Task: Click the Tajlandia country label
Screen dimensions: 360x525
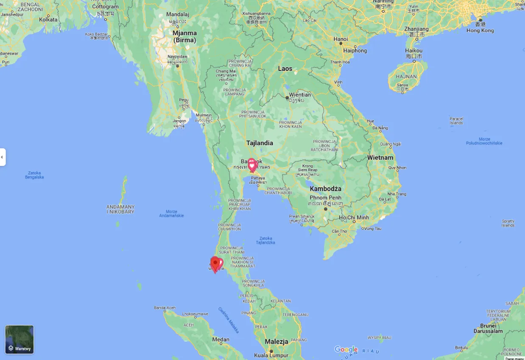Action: pyautogui.click(x=260, y=143)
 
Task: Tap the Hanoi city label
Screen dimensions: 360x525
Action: pyautogui.click(x=341, y=39)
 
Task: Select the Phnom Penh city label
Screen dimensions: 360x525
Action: pyautogui.click(x=325, y=198)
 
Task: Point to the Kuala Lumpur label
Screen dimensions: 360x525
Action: pyautogui.click(x=271, y=355)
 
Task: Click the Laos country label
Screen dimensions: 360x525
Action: pyautogui.click(x=285, y=69)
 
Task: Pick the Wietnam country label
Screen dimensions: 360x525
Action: pyautogui.click(x=380, y=157)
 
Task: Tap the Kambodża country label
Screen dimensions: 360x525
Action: pyautogui.click(x=325, y=189)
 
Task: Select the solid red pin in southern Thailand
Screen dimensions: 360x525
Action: pyautogui.click(x=215, y=263)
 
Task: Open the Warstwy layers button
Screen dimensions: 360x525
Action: pyautogui.click(x=20, y=339)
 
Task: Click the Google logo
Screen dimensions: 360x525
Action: pyautogui.click(x=346, y=349)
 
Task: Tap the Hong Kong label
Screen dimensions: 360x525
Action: pyautogui.click(x=480, y=31)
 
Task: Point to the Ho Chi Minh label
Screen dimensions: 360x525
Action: pyautogui.click(x=354, y=218)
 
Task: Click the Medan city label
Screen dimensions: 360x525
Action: pyautogui.click(x=221, y=339)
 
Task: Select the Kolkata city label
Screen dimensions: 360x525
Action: pyautogui.click(x=48, y=20)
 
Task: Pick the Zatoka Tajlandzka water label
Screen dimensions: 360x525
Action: pyautogui.click(x=265, y=240)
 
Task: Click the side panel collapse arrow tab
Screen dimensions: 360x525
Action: pyautogui.click(x=3, y=157)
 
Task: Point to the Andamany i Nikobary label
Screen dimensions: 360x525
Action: pyautogui.click(x=120, y=209)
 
